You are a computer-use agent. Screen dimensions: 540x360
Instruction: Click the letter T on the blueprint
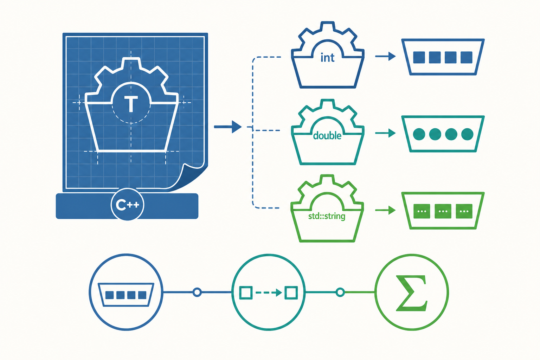(131, 104)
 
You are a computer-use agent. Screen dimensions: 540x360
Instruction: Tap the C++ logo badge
(127, 204)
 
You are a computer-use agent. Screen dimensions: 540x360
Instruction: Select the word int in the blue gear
(327, 58)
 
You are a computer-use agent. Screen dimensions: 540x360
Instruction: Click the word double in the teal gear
(327, 136)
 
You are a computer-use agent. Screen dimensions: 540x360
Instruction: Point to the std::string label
(327, 216)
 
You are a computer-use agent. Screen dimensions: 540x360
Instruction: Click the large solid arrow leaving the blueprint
(228, 127)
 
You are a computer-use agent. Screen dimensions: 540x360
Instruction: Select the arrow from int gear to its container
(385, 56)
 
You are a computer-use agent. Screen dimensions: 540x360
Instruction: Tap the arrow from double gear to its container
(385, 133)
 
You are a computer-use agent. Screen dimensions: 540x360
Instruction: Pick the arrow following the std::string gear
(385, 210)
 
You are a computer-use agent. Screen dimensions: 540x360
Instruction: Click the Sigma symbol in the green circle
(412, 293)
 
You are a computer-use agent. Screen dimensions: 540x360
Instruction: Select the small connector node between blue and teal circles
(197, 292)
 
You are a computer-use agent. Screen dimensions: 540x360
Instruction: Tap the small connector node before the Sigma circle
(340, 292)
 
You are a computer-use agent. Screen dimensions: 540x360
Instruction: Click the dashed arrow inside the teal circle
(269, 293)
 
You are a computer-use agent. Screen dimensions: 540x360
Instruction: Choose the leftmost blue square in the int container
(419, 57)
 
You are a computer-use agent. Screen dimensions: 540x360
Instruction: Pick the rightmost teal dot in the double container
(467, 134)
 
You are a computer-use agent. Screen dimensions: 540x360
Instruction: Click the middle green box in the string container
(443, 211)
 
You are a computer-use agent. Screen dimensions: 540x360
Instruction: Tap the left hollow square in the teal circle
(246, 293)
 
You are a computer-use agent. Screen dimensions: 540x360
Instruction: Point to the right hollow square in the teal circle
(291, 293)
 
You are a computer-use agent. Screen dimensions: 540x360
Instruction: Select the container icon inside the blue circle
(126, 295)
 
